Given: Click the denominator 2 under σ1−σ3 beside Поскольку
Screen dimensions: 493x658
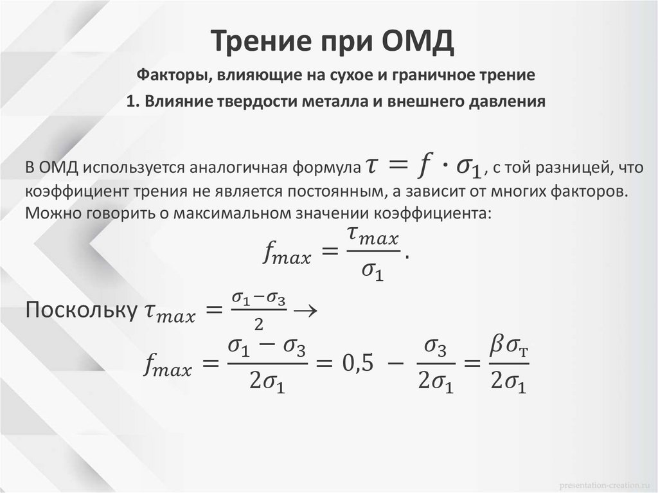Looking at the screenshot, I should tap(258, 322).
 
